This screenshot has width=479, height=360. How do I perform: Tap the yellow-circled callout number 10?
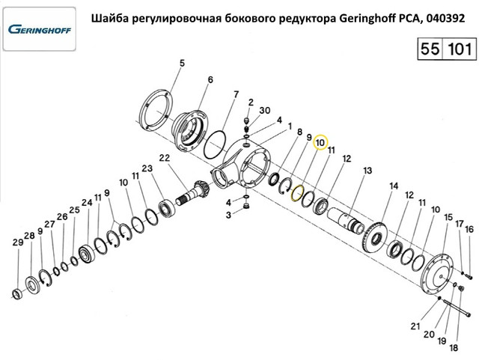coord(320,143)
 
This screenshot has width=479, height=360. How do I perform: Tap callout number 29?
coord(17,242)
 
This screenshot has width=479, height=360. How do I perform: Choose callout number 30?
coord(265,110)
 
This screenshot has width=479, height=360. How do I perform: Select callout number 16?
coord(469,230)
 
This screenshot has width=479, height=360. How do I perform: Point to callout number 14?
coord(394,186)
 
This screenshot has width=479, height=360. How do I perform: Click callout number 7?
coord(236,95)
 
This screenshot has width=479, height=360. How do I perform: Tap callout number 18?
coord(454,348)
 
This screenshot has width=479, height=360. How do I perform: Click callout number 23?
coord(147,168)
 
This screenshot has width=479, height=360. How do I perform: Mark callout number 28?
coord(28,237)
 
